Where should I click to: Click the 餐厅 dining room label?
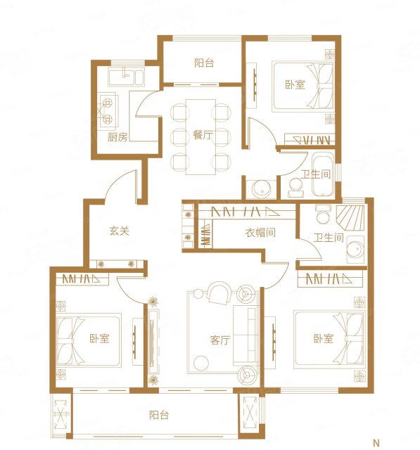[203, 135]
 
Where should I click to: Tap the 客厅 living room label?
[220, 340]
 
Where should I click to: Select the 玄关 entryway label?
[119, 231]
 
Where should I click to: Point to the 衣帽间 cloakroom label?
[260, 233]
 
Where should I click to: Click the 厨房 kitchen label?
[117, 137]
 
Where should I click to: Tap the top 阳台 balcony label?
[204, 63]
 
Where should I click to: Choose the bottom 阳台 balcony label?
[159, 415]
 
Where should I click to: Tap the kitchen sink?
[125, 77]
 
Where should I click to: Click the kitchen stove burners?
[108, 111]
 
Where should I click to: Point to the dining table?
[201, 137]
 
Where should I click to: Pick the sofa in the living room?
[246, 335]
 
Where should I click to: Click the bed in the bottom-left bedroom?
[89, 340]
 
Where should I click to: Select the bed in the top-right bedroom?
[303, 86]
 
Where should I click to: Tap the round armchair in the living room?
[219, 293]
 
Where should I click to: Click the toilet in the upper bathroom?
[295, 188]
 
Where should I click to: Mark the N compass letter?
[376, 442]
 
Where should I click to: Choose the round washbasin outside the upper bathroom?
[261, 188]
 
